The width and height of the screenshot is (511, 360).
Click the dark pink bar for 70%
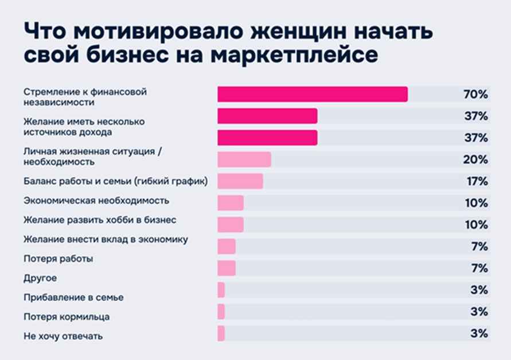[x=313, y=94]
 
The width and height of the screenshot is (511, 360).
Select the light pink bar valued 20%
[x=244, y=159]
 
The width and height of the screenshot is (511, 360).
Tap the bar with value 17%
[x=240, y=181]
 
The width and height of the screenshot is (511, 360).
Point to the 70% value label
[x=475, y=95]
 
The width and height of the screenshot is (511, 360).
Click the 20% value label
[x=475, y=159]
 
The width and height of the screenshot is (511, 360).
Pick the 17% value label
[x=475, y=182]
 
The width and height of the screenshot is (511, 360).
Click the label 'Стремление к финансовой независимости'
[x=77, y=97]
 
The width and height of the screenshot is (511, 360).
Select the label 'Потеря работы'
[x=58, y=259]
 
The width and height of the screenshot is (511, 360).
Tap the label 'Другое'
[x=40, y=278]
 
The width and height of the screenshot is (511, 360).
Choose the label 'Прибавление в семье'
[x=73, y=298]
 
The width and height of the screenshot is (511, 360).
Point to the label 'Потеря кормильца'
[x=67, y=316]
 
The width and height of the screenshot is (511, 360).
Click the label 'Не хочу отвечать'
[x=63, y=336]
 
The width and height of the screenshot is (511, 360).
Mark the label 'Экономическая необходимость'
[x=96, y=201]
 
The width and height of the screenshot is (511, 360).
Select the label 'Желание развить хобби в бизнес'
[x=100, y=220]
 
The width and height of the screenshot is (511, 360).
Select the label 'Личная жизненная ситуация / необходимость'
[x=95, y=156]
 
